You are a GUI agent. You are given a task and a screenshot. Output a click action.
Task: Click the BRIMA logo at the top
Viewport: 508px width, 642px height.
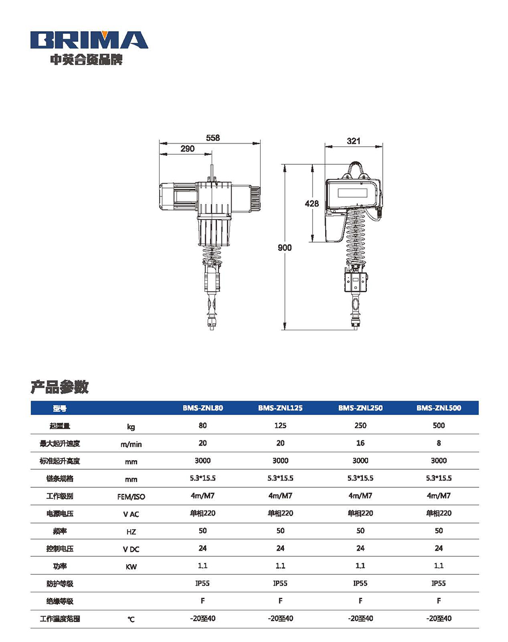(x=89, y=40)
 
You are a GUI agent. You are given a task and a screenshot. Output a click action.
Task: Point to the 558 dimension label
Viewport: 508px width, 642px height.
(x=213, y=138)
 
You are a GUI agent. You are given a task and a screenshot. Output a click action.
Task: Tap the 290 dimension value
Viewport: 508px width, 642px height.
(x=187, y=149)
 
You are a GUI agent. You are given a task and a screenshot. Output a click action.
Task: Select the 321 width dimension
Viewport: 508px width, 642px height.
(x=353, y=141)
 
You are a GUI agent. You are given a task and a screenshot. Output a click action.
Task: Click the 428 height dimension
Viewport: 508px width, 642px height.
(x=312, y=203)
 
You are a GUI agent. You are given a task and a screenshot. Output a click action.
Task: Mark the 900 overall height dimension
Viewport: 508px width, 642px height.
(x=284, y=248)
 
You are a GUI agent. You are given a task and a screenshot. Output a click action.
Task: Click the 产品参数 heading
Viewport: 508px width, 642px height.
(x=60, y=387)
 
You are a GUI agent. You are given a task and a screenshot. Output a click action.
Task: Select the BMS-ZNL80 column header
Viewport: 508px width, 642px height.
(x=203, y=408)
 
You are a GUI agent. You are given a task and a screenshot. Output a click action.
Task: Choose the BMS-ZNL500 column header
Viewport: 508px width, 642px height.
(x=439, y=408)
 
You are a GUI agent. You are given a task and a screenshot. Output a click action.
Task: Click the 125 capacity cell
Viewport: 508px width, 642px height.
(x=281, y=425)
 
